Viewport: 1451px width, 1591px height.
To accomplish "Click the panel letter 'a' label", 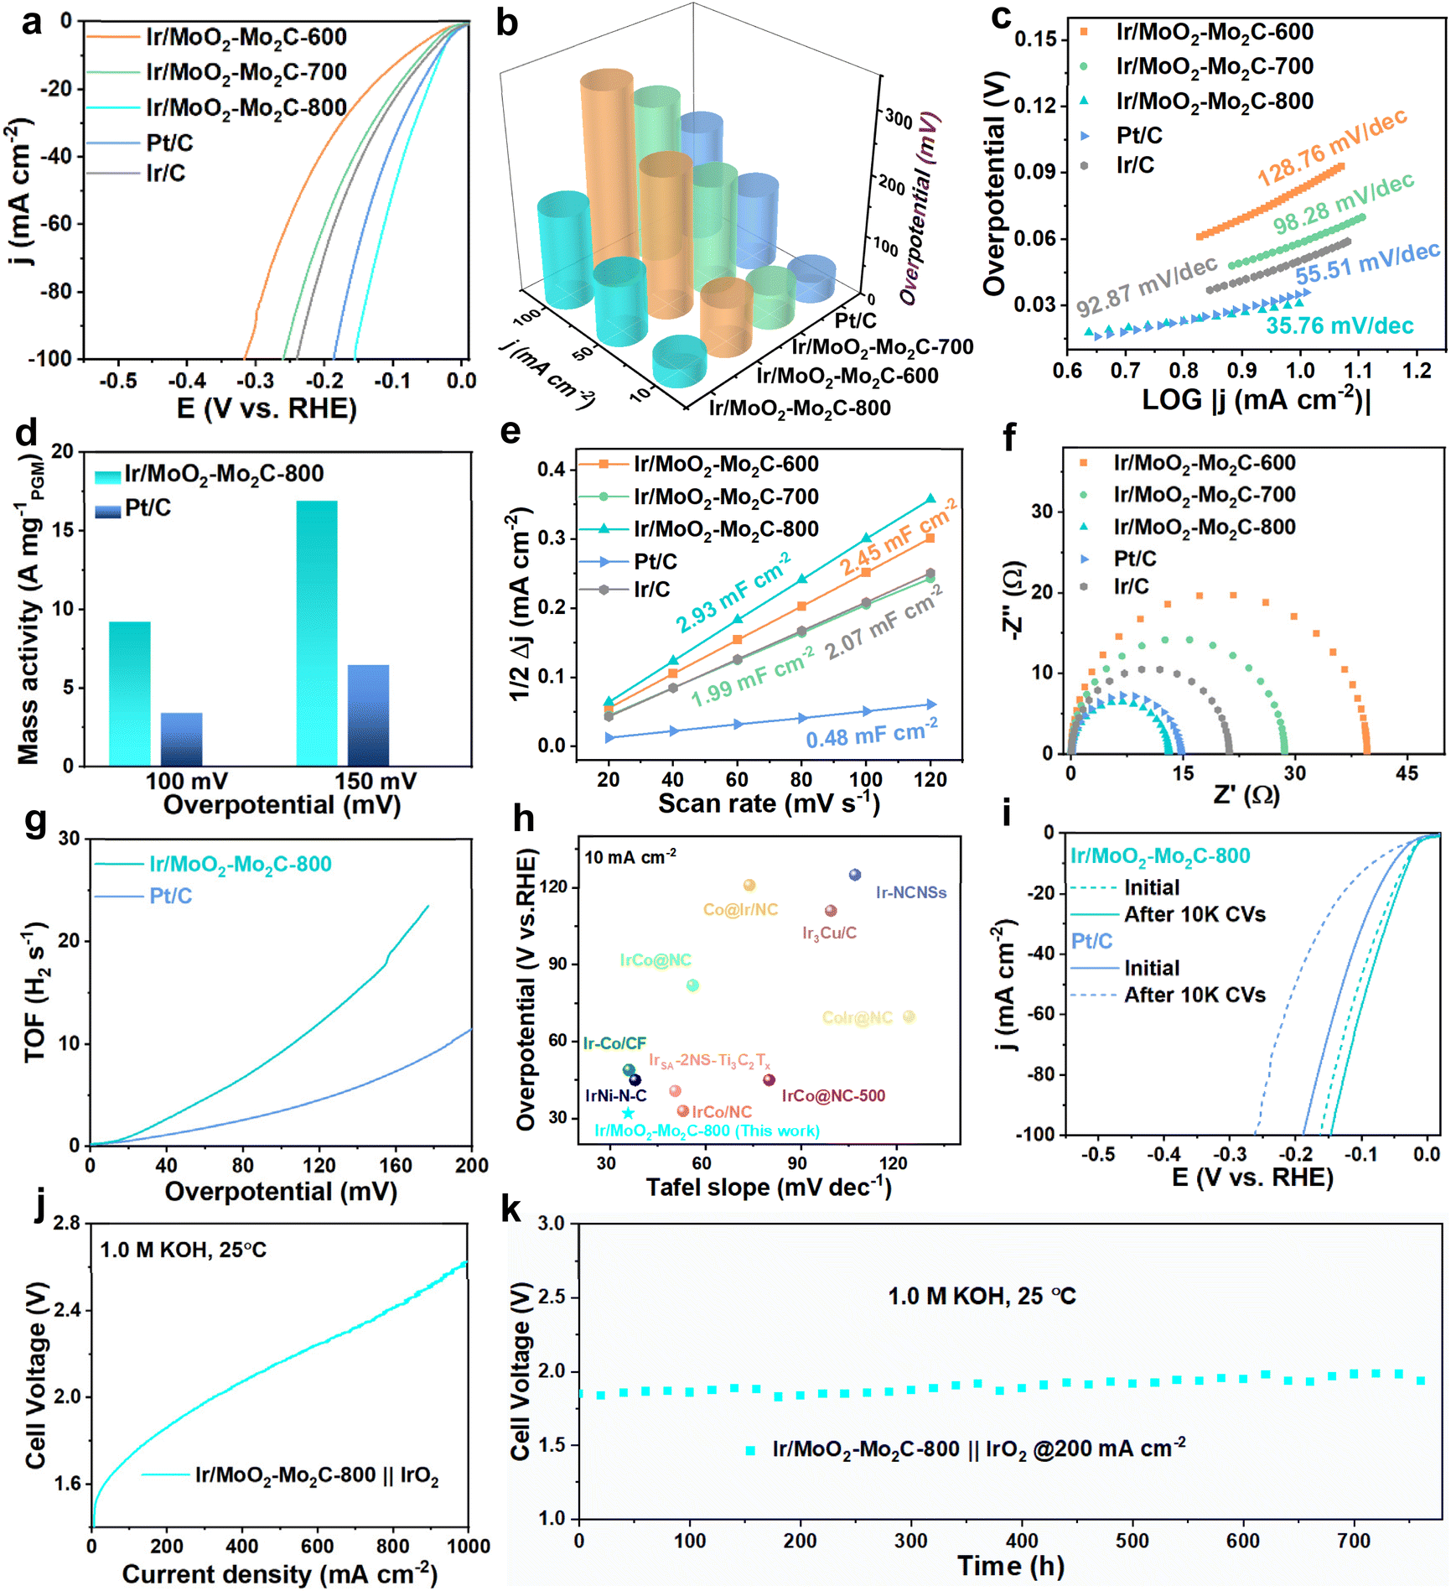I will (31, 22).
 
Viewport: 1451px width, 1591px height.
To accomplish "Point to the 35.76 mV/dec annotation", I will (1340, 325).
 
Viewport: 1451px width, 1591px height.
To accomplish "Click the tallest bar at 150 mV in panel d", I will (317, 632).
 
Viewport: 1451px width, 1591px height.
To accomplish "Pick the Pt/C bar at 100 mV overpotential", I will (182, 739).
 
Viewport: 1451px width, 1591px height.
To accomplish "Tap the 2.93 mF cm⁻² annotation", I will (733, 593).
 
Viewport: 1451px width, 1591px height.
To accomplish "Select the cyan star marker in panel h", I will (628, 1113).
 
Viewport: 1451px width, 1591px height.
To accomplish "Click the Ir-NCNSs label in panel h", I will (911, 892).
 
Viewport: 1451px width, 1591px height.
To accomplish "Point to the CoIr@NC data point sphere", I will (909, 1016).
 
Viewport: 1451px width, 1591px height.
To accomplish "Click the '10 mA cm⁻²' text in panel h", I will (630, 857).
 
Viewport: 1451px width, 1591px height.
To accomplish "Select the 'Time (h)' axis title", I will (1011, 1565).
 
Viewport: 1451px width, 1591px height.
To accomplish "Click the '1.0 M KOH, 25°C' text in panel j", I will (183, 1250).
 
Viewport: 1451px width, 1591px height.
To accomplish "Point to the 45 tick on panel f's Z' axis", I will (1407, 772).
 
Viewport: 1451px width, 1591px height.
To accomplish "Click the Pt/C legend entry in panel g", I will (170, 896).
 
